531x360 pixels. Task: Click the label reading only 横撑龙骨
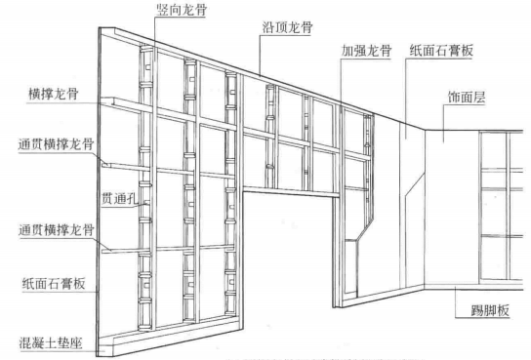pos(55,96)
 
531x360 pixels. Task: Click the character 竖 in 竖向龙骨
pos(162,9)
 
